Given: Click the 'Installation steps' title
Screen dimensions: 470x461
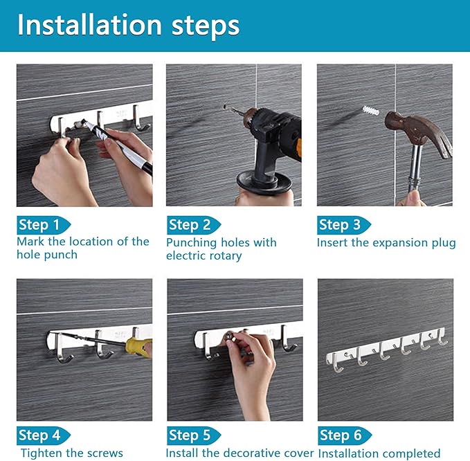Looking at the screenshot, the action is pyautogui.click(x=128, y=25).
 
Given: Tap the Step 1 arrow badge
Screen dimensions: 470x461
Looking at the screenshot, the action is pyautogui.click(x=44, y=225).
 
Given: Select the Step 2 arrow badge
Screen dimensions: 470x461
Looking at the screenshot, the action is pyautogui.click(x=194, y=225).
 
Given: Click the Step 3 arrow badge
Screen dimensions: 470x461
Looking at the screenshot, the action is pyautogui.click(x=344, y=225).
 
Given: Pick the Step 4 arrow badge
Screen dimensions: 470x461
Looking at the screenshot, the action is pyautogui.click(x=44, y=435).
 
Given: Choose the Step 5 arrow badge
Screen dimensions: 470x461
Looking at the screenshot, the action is pyautogui.click(x=194, y=435).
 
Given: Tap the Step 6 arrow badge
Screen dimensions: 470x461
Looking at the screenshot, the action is pyautogui.click(x=345, y=435).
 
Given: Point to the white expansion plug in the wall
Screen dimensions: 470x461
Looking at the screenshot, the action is pyautogui.click(x=371, y=111).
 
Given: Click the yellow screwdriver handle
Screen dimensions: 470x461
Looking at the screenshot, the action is pyautogui.click(x=139, y=347).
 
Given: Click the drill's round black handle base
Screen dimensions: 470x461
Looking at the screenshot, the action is pyautogui.click(x=264, y=181).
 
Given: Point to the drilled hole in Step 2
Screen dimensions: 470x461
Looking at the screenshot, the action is pyautogui.click(x=225, y=107).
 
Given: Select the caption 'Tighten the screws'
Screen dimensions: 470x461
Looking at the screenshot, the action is pyautogui.click(x=71, y=453).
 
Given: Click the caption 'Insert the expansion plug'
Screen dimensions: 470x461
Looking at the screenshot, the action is pyautogui.click(x=386, y=242).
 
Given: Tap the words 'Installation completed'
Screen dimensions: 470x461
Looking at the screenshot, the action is pyautogui.click(x=379, y=453).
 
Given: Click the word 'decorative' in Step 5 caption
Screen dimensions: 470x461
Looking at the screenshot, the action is pyautogui.click(x=253, y=453).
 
